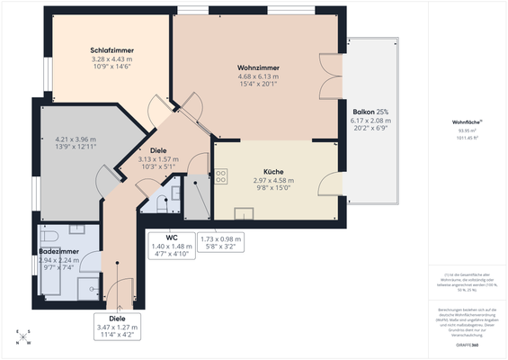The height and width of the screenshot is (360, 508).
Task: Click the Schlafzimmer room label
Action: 111,49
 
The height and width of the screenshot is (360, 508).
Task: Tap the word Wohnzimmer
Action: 256,68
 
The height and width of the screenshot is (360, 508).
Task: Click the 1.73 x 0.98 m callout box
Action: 220,243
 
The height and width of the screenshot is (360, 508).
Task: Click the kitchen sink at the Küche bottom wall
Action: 244,213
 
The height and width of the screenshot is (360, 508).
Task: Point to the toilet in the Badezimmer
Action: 50,236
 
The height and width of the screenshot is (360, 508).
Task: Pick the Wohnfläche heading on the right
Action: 467,121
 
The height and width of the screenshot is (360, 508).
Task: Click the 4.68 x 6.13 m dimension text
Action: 256,76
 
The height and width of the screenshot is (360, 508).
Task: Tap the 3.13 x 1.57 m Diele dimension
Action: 158,159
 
